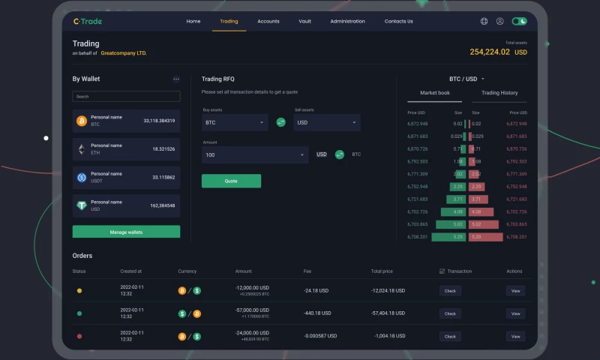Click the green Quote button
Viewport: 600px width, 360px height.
click(231, 181)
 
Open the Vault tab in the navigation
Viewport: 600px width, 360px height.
click(304, 21)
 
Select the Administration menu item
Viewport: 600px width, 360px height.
click(347, 21)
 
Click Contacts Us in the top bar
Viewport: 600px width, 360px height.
click(398, 21)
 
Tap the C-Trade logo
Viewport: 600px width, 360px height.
click(88, 21)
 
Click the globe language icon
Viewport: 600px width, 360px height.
click(484, 21)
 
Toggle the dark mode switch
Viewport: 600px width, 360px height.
click(519, 21)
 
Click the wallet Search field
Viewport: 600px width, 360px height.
click(126, 97)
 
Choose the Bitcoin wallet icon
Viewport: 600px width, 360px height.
click(82, 121)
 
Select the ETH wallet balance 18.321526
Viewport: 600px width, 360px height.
click(163, 149)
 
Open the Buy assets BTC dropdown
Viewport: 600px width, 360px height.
click(235, 122)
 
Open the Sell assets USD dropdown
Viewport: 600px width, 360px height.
click(327, 122)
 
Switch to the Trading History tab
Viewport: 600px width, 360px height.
click(499, 93)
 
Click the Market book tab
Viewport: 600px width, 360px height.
click(434, 93)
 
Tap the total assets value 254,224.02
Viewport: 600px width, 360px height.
click(489, 52)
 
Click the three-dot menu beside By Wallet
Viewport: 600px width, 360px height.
click(176, 79)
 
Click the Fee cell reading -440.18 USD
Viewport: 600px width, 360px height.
click(314, 313)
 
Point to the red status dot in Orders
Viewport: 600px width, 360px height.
click(79, 337)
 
